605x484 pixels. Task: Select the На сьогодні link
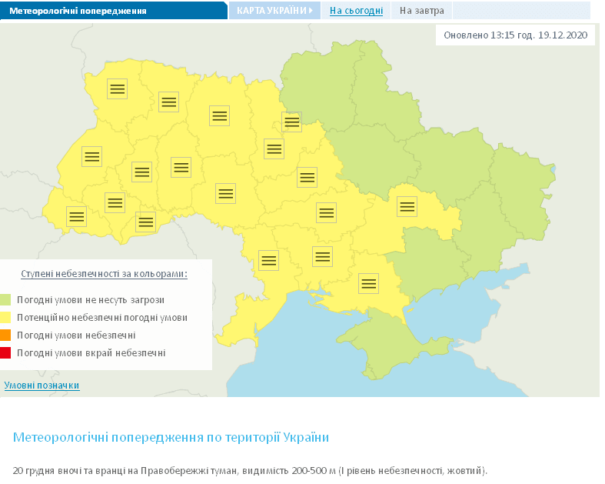356,11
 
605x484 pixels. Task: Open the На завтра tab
421,11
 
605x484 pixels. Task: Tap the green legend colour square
6,299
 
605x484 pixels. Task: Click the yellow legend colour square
6,317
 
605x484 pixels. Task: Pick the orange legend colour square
6,335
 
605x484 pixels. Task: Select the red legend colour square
6,352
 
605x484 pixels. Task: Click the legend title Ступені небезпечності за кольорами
104,273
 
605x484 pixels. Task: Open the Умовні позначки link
42,385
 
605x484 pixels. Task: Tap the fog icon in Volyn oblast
117,88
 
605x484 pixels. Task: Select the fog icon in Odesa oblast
268,260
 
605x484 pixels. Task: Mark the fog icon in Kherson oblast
369,282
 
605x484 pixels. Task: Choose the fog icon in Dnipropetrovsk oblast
406,206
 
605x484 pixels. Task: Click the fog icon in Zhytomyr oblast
219,115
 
